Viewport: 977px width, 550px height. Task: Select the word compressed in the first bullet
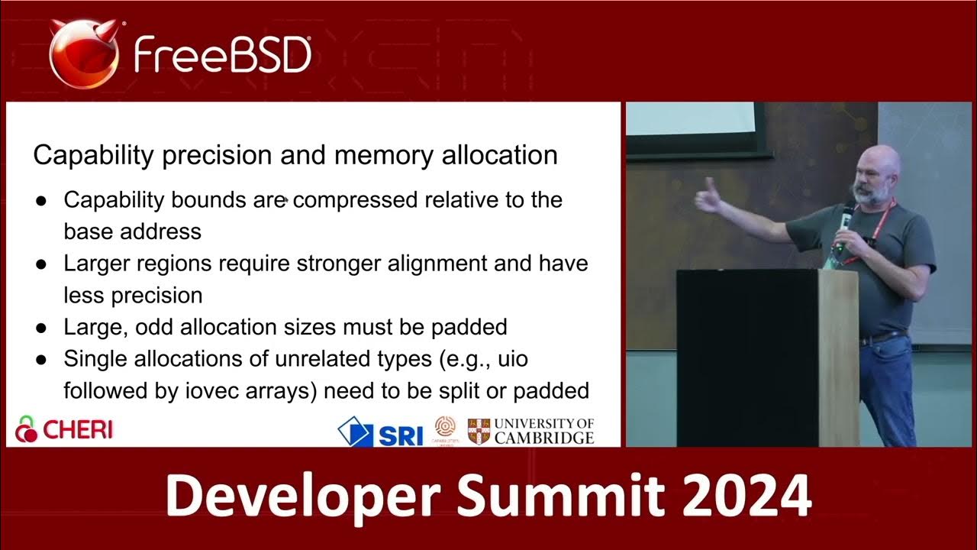pos(355,200)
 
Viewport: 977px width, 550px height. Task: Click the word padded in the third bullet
pos(469,327)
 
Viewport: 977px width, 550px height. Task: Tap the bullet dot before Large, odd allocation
pos(41,328)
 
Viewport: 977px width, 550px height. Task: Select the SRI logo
pos(381,432)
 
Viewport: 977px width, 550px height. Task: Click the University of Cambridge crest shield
pos(479,431)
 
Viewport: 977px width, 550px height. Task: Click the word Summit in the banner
pos(562,497)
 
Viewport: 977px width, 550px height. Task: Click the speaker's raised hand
pos(708,197)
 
